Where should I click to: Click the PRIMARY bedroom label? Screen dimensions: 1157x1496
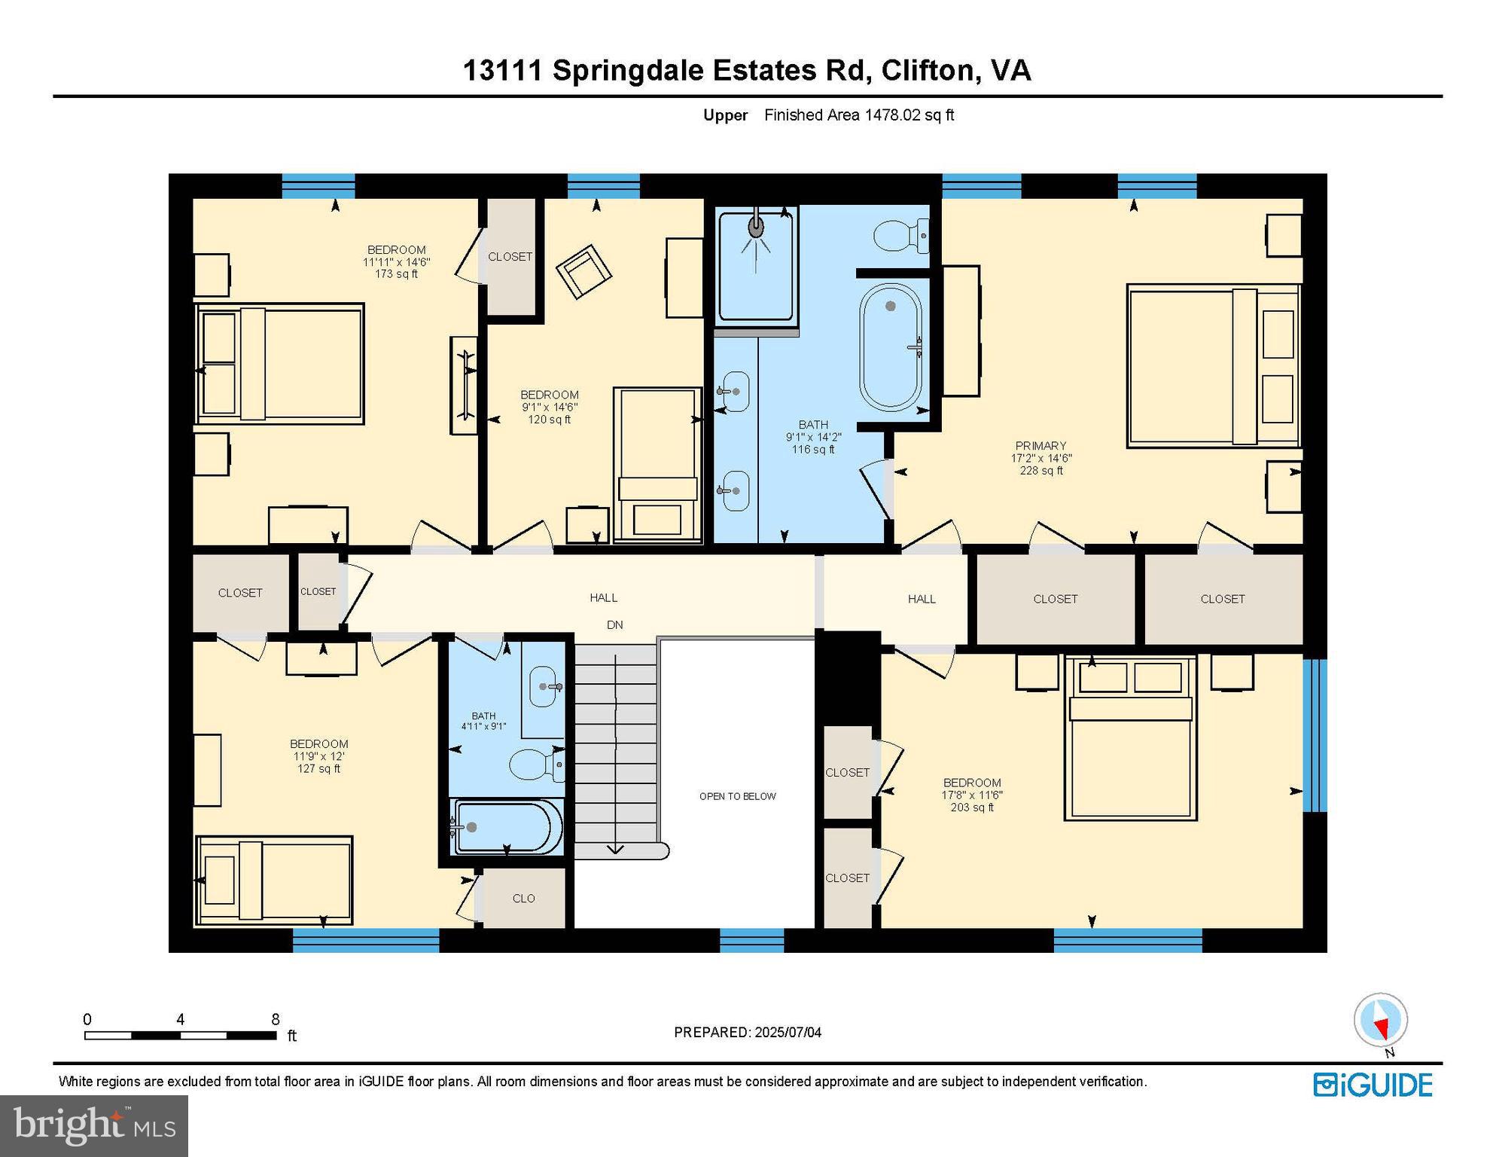click(x=1040, y=446)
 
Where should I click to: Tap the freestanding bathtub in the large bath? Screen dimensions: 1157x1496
click(x=891, y=346)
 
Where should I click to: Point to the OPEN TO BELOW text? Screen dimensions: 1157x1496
click(x=737, y=796)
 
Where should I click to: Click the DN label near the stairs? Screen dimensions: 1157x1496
click(x=614, y=624)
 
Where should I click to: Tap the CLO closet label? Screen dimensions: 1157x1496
click(x=523, y=898)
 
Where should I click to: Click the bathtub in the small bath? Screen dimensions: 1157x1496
click(x=507, y=826)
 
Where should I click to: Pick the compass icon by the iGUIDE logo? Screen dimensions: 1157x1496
click(x=1380, y=1020)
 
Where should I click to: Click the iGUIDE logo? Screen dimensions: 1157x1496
click(x=1373, y=1085)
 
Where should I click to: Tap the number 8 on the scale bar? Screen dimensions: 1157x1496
click(x=276, y=1019)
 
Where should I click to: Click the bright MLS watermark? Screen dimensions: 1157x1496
click(x=93, y=1125)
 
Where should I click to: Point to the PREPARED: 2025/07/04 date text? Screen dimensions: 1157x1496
click(x=747, y=1032)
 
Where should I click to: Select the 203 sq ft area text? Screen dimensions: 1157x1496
click(x=971, y=807)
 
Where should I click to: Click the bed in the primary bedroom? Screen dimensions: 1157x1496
click(x=1212, y=367)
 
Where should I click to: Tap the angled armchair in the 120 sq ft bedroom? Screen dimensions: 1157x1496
click(x=583, y=271)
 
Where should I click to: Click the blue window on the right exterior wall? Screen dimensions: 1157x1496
click(x=1314, y=735)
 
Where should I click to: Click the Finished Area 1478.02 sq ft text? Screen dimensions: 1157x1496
click(x=858, y=115)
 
